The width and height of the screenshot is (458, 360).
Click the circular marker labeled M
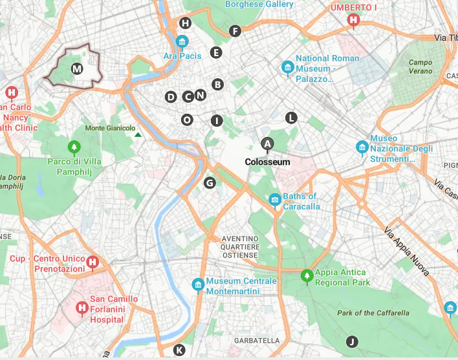(77, 69)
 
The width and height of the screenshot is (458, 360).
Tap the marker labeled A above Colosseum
(267, 143)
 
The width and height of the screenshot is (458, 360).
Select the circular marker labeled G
(210, 183)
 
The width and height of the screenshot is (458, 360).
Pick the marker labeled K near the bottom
(179, 350)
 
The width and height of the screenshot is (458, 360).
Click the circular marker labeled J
(352, 342)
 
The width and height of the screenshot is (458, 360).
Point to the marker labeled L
(292, 118)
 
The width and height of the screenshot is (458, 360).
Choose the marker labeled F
(235, 30)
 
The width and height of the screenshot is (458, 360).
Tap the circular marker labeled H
(186, 23)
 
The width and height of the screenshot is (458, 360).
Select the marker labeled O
(187, 120)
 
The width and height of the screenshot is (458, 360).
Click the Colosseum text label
(267, 162)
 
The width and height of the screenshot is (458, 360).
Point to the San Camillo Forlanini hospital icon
(82, 308)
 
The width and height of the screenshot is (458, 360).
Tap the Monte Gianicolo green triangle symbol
(138, 134)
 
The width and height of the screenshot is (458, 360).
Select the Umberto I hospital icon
(353, 20)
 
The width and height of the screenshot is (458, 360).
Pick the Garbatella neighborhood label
(257, 341)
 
